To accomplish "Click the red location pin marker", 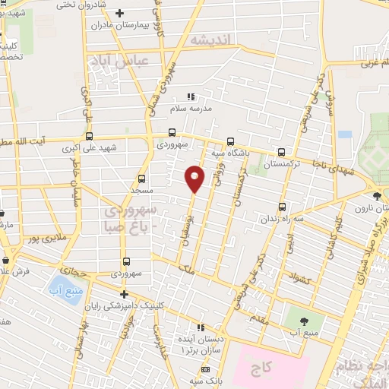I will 195,178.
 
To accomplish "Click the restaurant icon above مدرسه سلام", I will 191,96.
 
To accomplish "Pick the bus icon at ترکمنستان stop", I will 281,152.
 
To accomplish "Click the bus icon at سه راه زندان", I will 283,206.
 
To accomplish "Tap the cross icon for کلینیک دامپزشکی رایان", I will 124,294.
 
